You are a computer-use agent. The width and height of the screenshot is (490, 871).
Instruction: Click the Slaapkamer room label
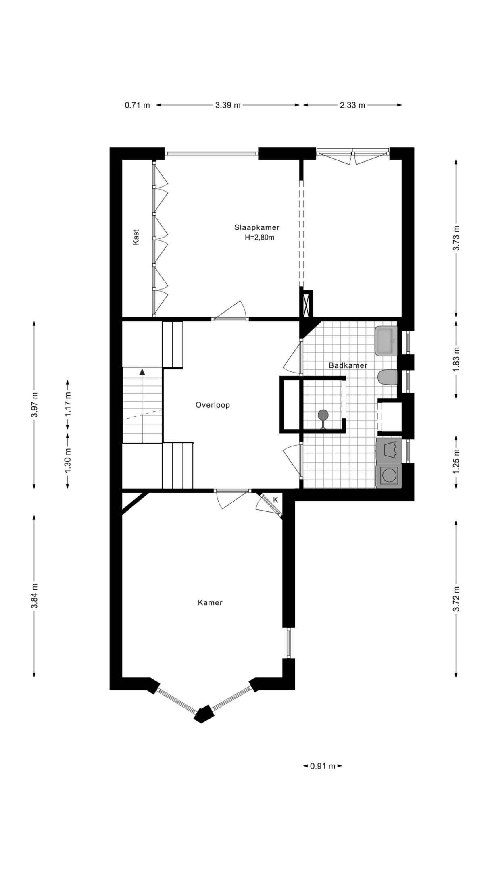tap(257, 227)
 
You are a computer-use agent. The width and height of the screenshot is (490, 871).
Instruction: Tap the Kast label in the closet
tap(136, 237)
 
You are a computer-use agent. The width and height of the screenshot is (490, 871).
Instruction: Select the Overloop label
tap(213, 405)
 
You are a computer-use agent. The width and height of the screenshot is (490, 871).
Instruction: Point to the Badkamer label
tap(348, 365)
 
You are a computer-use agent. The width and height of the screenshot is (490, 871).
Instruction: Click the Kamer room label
tap(210, 602)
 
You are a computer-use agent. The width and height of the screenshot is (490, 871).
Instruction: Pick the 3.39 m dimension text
tap(228, 105)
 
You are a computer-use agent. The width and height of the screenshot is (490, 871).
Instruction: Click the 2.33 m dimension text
tap(352, 105)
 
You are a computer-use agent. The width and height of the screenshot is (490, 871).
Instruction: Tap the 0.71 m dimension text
tap(137, 105)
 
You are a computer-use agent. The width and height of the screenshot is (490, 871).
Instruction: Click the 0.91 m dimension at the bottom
tap(323, 766)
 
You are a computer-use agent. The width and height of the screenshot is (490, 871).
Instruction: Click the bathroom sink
tap(386, 341)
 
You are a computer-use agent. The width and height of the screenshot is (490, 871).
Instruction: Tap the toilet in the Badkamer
tap(388, 378)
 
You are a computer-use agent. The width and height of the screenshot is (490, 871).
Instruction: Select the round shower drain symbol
tap(323, 415)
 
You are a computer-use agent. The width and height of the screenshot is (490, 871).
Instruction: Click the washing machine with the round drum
tap(389, 475)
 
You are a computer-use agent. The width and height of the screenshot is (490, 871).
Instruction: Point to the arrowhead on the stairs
tap(142, 371)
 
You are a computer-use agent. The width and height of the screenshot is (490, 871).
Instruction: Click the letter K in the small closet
tap(276, 500)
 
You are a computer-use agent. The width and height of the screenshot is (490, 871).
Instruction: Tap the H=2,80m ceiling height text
tap(259, 238)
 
